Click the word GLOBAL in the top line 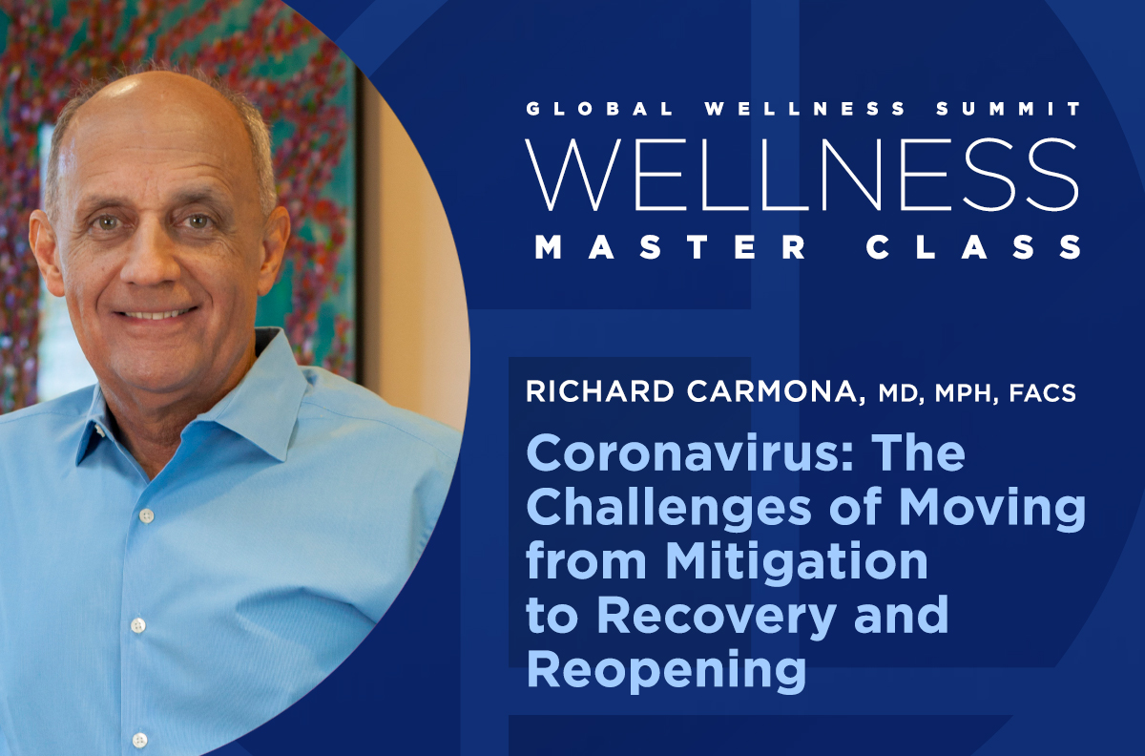599,109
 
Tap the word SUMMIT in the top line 1009,109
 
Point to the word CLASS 973,247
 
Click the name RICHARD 600,391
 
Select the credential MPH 967,393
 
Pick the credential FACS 1043,393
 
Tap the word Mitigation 797,562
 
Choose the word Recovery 717,618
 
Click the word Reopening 666,671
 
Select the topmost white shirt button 147,515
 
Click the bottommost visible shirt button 139,740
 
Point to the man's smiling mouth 155,313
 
